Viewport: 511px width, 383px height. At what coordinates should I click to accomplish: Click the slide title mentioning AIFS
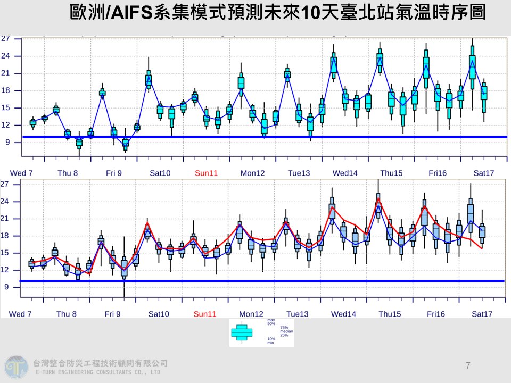pos(277,13)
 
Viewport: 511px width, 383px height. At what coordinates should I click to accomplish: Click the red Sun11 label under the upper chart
pos(206,173)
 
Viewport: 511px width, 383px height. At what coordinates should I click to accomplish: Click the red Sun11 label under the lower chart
pos(205,314)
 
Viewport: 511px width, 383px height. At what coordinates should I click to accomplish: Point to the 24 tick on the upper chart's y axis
pos(5,56)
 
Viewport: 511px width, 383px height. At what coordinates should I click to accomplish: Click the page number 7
pos(467,365)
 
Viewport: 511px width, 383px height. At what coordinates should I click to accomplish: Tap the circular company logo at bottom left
pos(15,368)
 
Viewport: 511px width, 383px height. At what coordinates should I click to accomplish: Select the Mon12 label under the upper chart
pos(252,173)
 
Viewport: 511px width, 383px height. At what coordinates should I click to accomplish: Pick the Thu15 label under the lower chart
pos(390,314)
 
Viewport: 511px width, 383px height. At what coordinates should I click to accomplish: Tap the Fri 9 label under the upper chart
pos(113,173)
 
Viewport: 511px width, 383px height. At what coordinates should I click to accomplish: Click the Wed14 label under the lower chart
pos(344,314)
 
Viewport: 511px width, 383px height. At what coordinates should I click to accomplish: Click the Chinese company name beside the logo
pos(100,363)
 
